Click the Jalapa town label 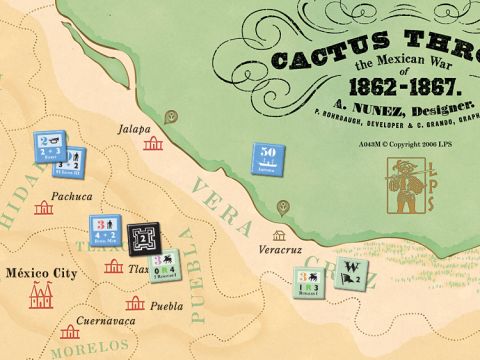pos(133,129)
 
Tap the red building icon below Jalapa pos(153,145)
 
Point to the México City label pos(39,272)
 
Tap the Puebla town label pos(167,306)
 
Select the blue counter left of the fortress pos(105,231)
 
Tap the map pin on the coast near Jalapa pos(171,116)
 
